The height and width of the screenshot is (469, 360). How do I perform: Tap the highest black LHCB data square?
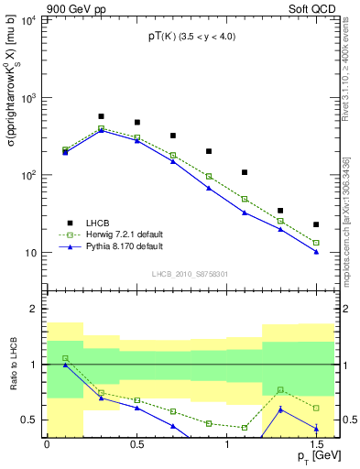(101, 116)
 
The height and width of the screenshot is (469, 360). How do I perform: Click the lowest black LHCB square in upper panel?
(316, 224)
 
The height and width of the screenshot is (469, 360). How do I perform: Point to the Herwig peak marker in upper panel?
(101, 128)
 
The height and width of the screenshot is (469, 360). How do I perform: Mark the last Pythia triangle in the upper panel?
(316, 252)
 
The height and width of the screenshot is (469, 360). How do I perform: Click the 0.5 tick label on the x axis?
(136, 444)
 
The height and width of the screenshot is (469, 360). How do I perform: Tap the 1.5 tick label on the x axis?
(316, 444)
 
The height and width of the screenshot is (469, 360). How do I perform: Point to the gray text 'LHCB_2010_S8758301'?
(191, 273)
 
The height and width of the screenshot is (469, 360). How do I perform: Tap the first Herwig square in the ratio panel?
(65, 358)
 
